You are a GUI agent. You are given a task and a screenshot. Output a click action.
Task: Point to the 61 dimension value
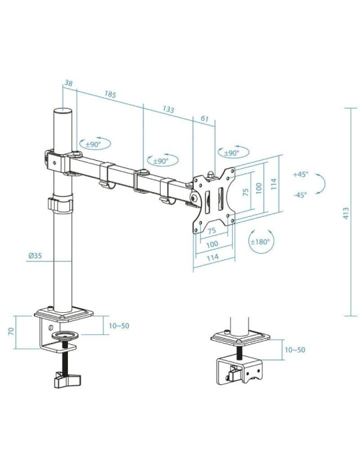click(204, 119)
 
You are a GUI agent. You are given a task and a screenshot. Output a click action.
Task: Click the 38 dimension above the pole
click(68, 84)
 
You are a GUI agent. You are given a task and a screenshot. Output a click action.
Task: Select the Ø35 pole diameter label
click(36, 256)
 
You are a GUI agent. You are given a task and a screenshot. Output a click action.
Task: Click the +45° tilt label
click(301, 174)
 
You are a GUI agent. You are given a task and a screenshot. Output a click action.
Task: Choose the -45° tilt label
click(301, 195)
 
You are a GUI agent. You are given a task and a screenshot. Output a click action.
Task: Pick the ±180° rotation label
click(261, 242)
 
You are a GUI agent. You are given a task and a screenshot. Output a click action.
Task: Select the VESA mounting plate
click(215, 197)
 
